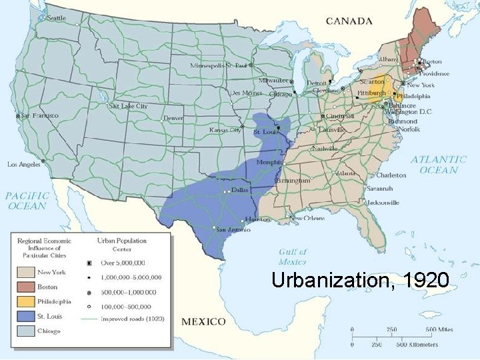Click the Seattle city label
[x=56, y=18]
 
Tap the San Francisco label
[x=40, y=115]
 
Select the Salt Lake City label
[x=128, y=106]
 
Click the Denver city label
[x=173, y=118]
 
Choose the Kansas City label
[x=225, y=130]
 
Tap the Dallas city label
[x=240, y=190]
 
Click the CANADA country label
[x=349, y=21]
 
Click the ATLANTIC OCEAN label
[x=438, y=165]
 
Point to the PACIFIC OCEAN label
[x=27, y=201]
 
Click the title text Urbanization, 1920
[x=360, y=279]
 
